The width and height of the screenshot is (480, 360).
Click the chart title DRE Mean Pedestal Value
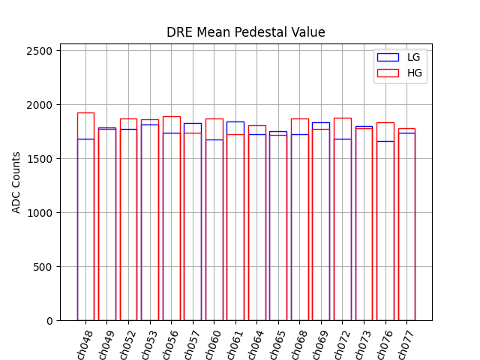[x=246, y=32]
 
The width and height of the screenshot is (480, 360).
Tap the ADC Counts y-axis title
[x=16, y=182]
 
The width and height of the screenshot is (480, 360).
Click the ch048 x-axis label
[x=85, y=344]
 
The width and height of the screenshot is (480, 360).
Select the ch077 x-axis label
[x=406, y=344]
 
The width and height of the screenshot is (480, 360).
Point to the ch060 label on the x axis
[x=213, y=344]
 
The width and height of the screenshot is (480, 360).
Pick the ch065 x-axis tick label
[x=277, y=344]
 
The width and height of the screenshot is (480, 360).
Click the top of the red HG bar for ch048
[x=85, y=113]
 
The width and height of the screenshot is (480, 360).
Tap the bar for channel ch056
[x=171, y=225]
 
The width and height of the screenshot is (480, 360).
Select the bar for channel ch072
[x=342, y=225]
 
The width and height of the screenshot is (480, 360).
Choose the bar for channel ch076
[x=385, y=225]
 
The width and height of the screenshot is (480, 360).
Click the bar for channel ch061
[x=235, y=225]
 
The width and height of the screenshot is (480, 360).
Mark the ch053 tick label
[x=149, y=344]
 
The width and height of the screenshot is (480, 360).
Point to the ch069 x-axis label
[x=320, y=344]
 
